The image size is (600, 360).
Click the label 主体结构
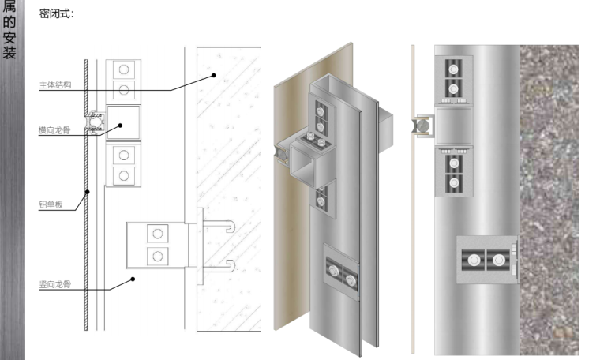tap(55, 85)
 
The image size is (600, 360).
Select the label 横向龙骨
tap(54, 130)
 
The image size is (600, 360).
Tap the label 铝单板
tap(51, 204)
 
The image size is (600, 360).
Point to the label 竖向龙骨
tap(55, 284)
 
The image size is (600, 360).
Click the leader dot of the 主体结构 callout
tap(214, 75)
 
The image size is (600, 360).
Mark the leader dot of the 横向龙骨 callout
tap(120, 126)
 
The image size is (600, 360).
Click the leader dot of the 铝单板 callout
tap(88, 192)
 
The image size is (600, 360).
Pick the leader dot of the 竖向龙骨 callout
tap(133, 279)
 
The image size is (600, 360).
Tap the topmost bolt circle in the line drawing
tap(124, 69)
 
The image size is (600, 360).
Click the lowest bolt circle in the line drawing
tap(158, 256)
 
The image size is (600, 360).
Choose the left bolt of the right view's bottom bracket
tap(474, 261)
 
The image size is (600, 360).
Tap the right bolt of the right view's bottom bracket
tap(499, 261)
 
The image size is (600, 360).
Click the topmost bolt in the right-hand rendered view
tap(453, 69)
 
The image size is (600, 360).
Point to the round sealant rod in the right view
tap(422, 126)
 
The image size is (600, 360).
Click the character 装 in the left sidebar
tap(9, 51)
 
